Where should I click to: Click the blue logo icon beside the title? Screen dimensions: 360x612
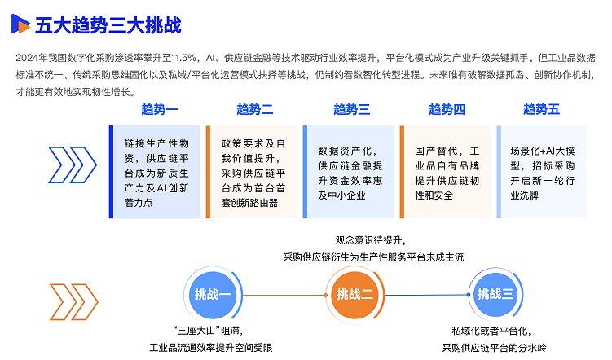click(20, 24)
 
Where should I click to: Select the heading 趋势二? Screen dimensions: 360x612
click(254, 109)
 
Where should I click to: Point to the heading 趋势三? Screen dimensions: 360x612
click(351, 109)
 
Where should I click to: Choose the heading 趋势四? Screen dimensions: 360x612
click(447, 109)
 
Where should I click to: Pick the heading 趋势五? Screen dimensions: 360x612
click(542, 109)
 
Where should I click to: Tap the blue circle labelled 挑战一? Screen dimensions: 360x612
click(214, 294)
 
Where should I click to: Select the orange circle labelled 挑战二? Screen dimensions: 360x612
click(354, 294)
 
